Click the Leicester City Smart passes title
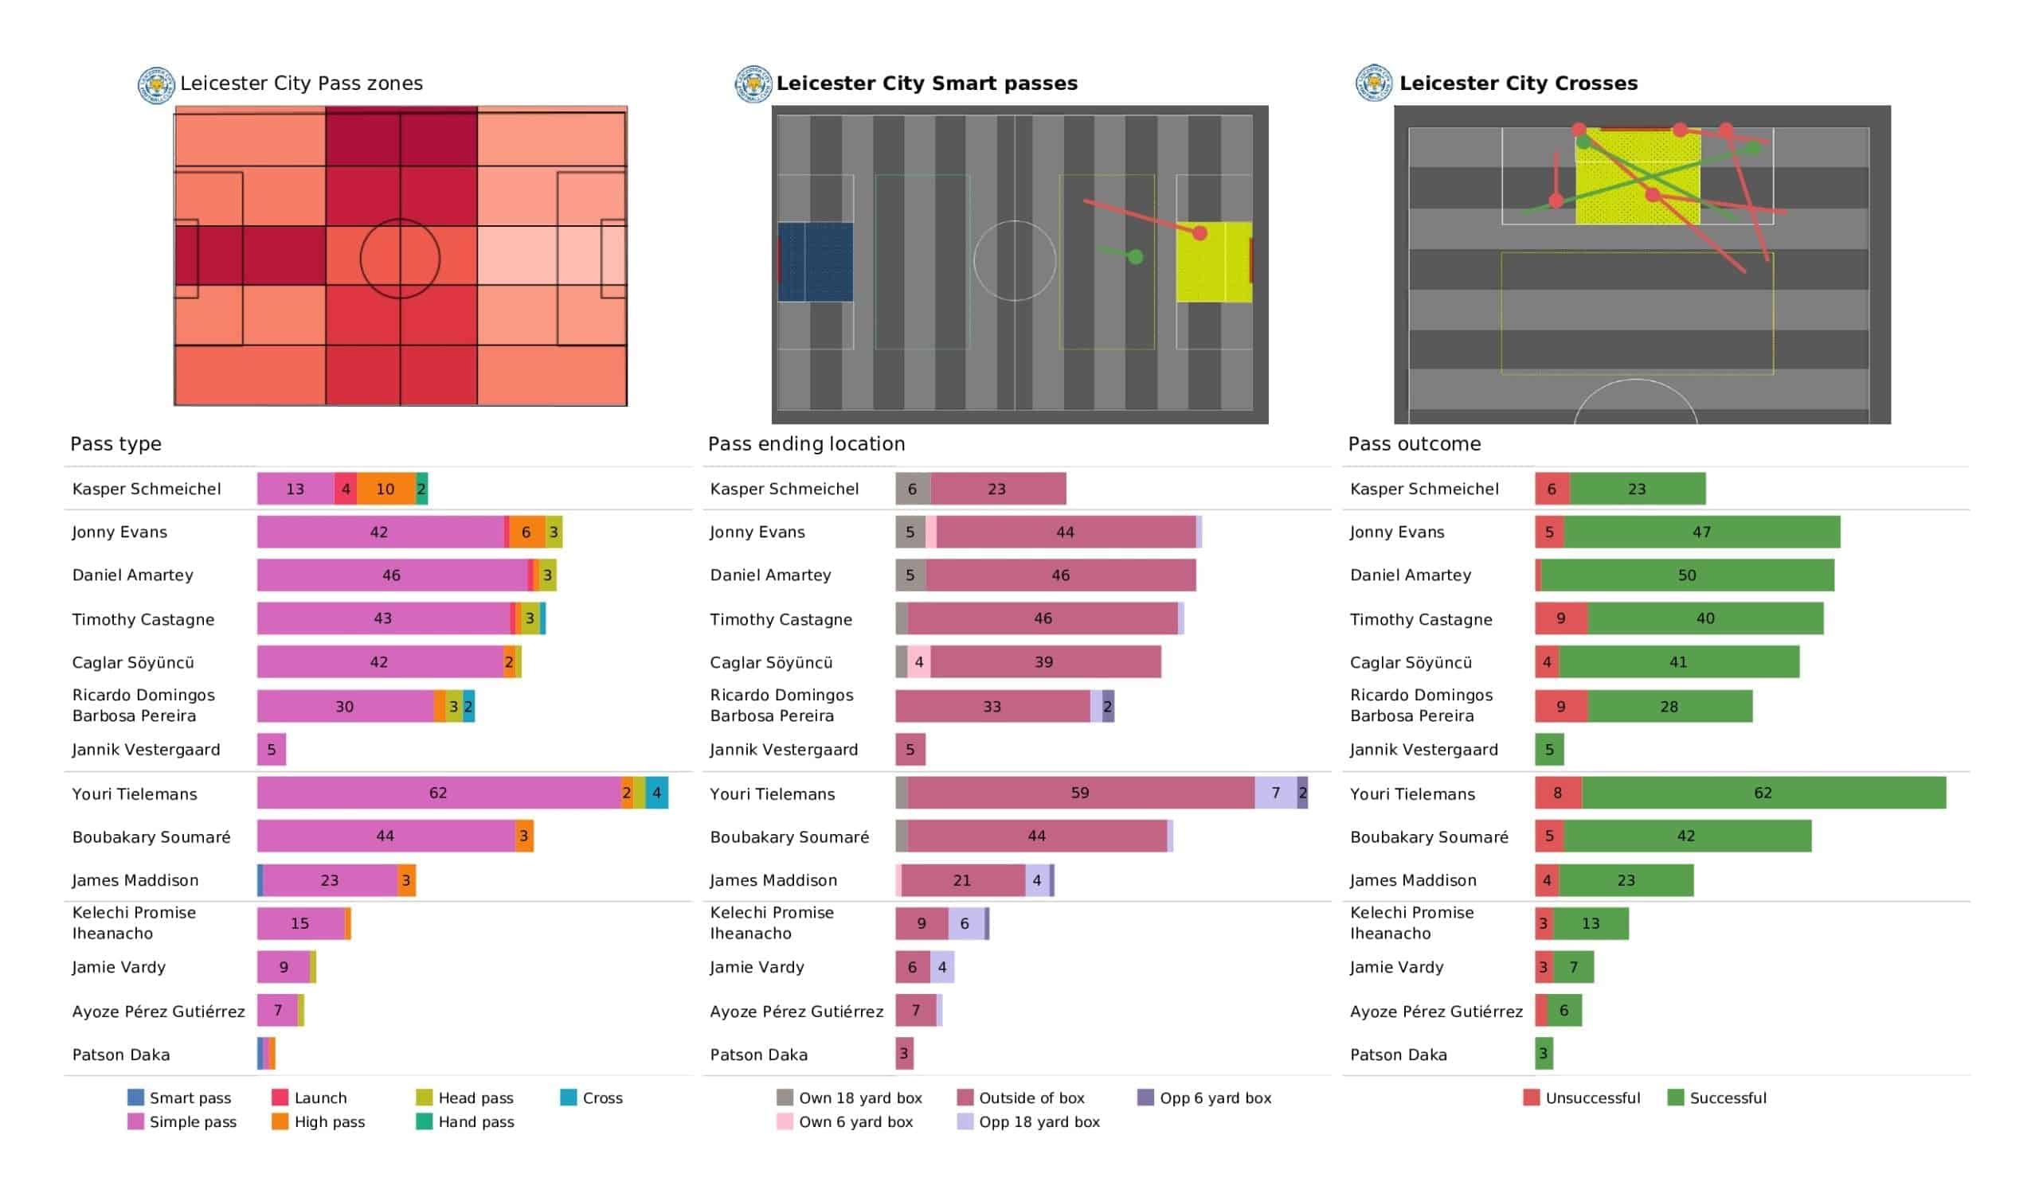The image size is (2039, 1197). [926, 84]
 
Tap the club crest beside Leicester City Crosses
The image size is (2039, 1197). [1373, 84]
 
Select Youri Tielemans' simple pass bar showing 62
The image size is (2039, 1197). [438, 793]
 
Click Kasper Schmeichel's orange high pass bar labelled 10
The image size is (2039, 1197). [385, 489]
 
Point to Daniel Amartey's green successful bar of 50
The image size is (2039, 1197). [1687, 576]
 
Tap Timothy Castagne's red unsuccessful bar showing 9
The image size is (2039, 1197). [1562, 618]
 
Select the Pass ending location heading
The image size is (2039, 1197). [806, 444]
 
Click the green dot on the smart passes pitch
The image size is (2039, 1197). [1136, 257]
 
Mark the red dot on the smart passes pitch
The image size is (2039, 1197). [1200, 234]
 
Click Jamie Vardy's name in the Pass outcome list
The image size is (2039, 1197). [1396, 967]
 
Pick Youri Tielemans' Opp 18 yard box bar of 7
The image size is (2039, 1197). [1276, 793]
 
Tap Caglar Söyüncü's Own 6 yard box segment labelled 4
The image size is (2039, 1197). [919, 662]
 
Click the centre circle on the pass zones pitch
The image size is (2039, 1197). [400, 259]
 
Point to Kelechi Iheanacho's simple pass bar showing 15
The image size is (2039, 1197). [300, 924]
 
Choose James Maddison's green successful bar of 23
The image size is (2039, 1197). [1626, 881]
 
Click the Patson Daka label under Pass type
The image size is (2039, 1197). [121, 1055]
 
